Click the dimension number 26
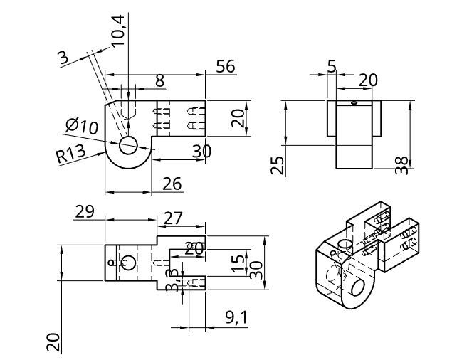pos(171,184)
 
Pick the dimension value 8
pos(159,80)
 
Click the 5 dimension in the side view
pos(332,66)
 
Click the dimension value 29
pos(85,211)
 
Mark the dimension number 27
pos(173,217)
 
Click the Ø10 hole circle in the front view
pos(128,145)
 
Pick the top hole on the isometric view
pos(345,244)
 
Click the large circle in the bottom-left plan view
pos(127,263)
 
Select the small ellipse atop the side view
pos(354,102)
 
